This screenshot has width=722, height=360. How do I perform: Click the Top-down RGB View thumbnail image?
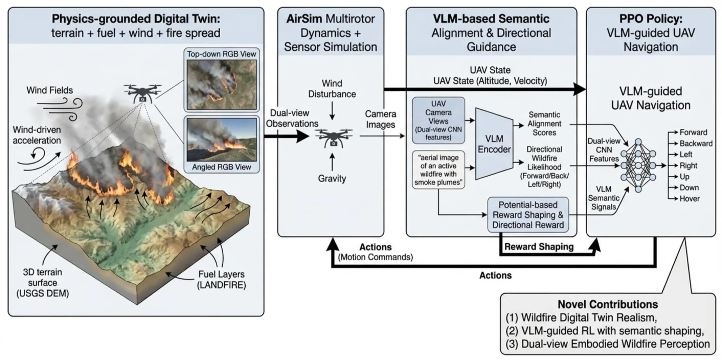221,84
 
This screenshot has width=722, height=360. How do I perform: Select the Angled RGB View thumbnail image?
221,139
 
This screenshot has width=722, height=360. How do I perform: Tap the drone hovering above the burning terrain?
143,93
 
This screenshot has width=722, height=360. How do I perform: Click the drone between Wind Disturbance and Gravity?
333,138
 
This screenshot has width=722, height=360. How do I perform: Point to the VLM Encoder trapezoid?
494,144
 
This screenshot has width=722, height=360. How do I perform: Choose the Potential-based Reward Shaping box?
528,215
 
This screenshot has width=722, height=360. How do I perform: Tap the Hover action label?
689,199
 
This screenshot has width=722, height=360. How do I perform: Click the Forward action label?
693,132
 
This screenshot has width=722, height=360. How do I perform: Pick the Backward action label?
696,144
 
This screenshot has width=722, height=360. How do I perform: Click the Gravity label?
332,178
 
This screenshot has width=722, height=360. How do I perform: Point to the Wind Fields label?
50,90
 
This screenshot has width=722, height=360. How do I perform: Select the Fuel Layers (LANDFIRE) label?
221,280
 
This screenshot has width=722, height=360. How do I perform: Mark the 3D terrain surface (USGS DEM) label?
43,283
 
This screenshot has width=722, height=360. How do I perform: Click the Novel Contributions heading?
608,304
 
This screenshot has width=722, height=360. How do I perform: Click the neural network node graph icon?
638,166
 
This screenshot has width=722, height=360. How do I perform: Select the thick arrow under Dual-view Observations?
286,137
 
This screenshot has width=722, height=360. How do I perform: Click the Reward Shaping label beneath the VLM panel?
539,247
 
